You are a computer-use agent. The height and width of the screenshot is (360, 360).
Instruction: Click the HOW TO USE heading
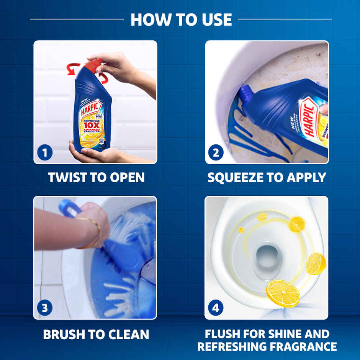(x=181, y=20)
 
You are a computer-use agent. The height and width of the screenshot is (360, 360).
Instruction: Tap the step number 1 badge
(x=45, y=153)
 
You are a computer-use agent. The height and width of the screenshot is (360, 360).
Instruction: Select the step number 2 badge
(x=216, y=153)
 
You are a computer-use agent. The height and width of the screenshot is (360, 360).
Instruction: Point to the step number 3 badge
(x=45, y=308)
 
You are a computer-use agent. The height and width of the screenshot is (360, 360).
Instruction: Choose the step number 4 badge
(x=216, y=308)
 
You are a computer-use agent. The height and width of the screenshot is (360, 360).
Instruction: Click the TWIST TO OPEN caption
(x=96, y=177)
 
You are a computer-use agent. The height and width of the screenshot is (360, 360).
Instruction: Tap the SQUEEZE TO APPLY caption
(x=267, y=177)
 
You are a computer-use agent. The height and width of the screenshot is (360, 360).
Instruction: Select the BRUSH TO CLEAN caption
(x=96, y=334)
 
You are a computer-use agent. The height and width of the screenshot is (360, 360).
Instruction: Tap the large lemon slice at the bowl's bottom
(x=283, y=293)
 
